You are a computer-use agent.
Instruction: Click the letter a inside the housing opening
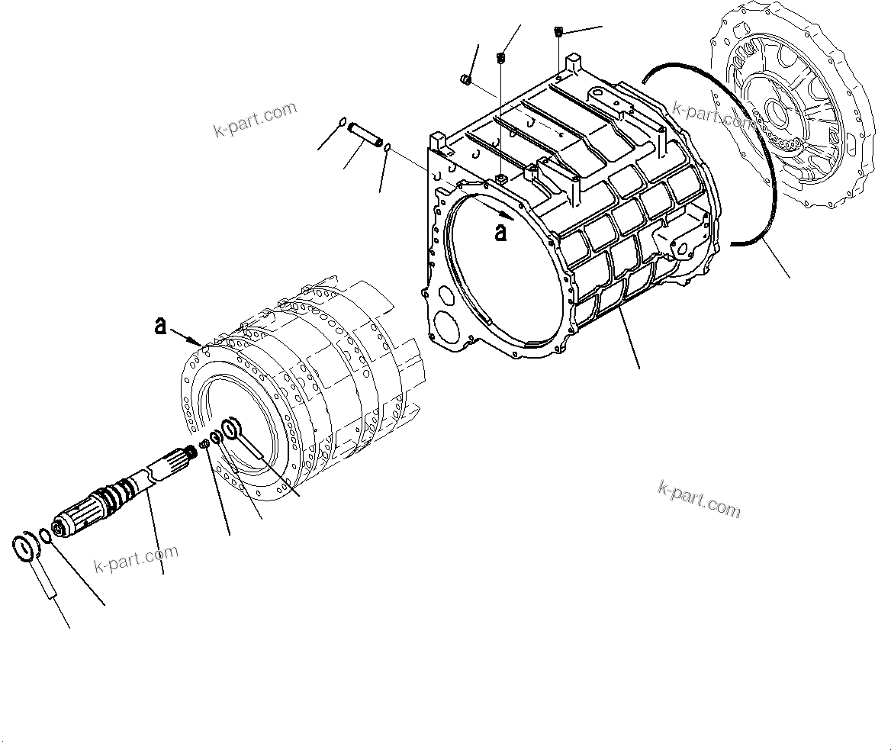click(500, 232)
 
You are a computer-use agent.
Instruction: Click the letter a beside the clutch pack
click(160, 327)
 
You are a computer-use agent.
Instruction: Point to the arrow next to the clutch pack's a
click(188, 336)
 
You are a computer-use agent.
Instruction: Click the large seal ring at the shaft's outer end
click(28, 546)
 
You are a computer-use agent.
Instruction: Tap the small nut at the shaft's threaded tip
click(204, 444)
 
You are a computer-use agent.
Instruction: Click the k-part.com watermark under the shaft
click(136, 558)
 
